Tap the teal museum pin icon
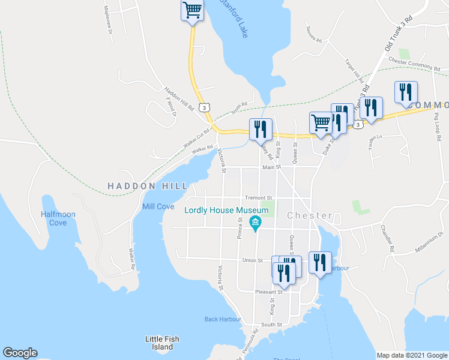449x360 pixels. [255, 224]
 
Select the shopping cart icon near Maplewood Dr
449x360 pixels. [191, 10]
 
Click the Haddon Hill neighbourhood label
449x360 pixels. [148, 187]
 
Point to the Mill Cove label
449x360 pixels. [158, 206]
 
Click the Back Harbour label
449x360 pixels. [223, 319]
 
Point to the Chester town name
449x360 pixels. [310, 215]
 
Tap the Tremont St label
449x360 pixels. [259, 197]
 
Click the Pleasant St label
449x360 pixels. [268, 292]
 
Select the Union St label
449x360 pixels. [252, 260]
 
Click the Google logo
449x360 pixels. [20, 353]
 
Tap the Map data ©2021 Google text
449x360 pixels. [411, 355]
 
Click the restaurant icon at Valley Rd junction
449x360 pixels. [261, 128]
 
